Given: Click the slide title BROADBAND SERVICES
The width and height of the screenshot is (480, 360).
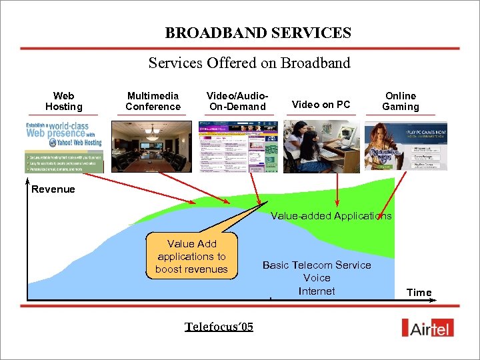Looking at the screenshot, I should tap(258, 33).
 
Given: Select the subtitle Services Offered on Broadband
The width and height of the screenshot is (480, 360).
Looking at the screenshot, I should tap(249, 63).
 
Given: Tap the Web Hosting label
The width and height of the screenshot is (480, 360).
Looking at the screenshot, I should tap(64, 101).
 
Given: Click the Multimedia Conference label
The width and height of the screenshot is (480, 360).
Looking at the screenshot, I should tap(153, 101).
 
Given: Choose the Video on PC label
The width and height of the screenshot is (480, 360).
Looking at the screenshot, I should tap(321, 104).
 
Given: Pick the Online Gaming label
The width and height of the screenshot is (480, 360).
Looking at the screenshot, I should tap(400, 101).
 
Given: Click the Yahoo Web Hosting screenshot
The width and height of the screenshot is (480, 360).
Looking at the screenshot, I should tap(64, 146).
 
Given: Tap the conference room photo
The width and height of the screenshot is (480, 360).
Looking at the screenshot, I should tap(152, 146).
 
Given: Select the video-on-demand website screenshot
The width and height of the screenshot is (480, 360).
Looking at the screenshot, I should tap(238, 146).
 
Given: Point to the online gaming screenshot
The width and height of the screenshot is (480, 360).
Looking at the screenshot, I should tap(405, 146).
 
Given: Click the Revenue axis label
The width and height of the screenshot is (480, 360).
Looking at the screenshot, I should tap(53, 189).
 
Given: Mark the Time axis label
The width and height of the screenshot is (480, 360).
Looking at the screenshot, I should tap(419, 293).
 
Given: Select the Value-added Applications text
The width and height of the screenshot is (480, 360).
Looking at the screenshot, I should tap(331, 216).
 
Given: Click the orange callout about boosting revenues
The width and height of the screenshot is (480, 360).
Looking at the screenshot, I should tap(191, 257).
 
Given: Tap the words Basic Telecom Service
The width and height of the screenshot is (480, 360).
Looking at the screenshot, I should tap(317, 265).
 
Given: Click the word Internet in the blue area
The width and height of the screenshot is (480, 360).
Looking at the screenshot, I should tap(317, 291).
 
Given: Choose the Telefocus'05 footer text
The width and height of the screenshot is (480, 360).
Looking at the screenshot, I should tap(219, 327).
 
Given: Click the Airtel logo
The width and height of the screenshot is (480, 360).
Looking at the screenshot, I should tap(429, 327).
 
